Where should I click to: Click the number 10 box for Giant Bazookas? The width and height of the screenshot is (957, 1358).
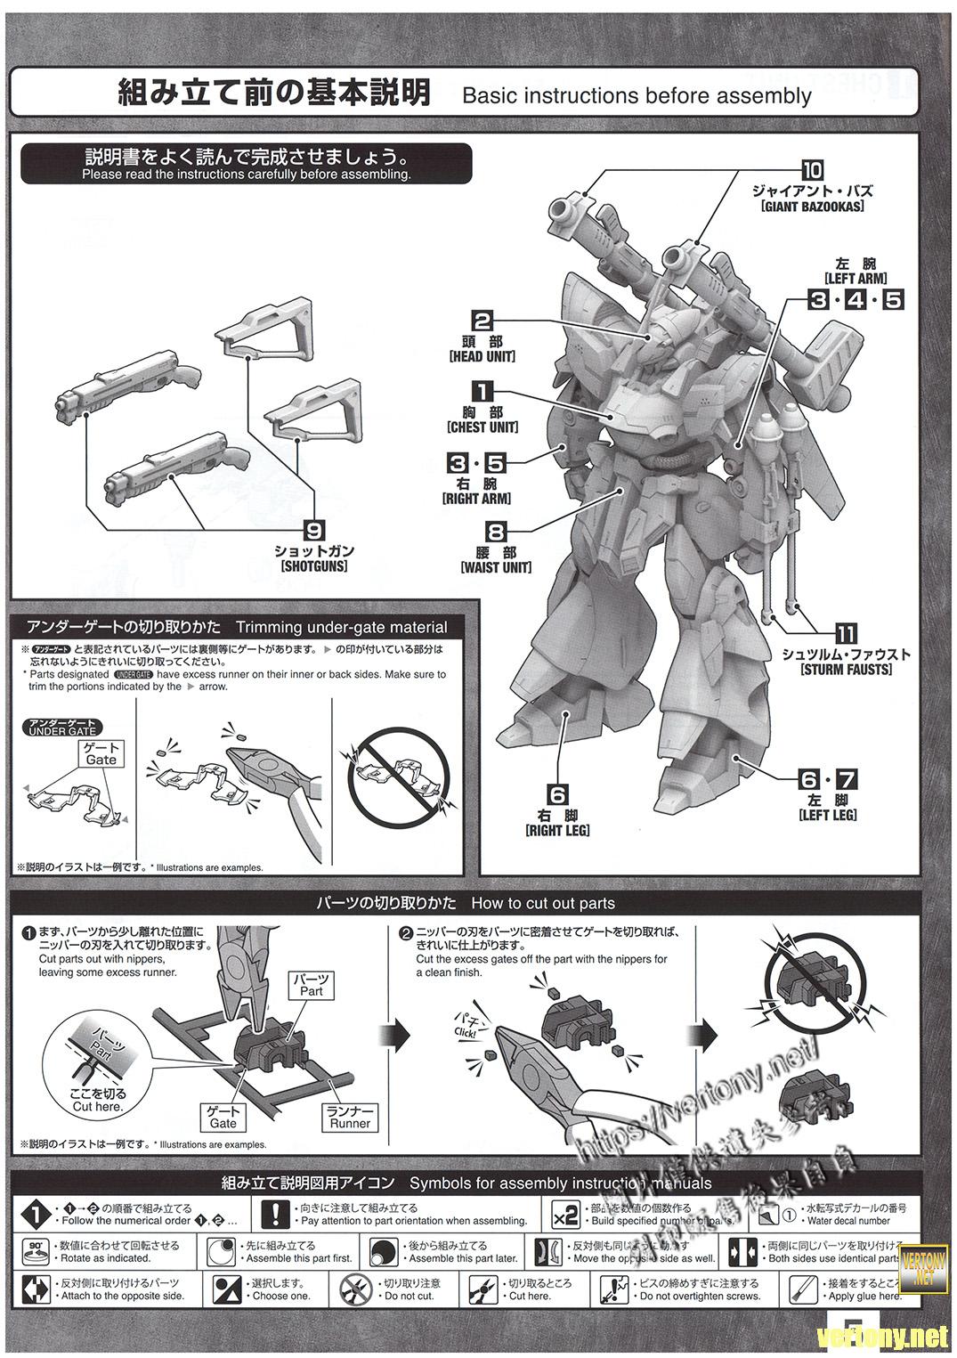coord(812,170)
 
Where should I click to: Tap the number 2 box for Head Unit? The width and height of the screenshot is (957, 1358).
coord(483,321)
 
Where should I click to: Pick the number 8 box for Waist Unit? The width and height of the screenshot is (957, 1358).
coord(496,533)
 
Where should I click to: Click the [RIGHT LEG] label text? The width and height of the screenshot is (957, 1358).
coord(558,830)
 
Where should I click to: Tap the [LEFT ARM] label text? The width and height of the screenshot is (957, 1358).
coord(856,278)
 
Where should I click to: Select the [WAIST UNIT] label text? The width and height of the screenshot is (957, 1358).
coord(496,567)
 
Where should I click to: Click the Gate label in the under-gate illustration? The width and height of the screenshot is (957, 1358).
coord(101,754)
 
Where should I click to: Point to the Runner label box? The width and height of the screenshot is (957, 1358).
coord(350,1117)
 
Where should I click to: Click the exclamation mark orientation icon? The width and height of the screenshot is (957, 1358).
coord(277,1214)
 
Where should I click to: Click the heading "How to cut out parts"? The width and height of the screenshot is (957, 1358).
coord(542,903)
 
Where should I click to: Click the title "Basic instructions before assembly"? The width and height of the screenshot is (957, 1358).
coord(637,95)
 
